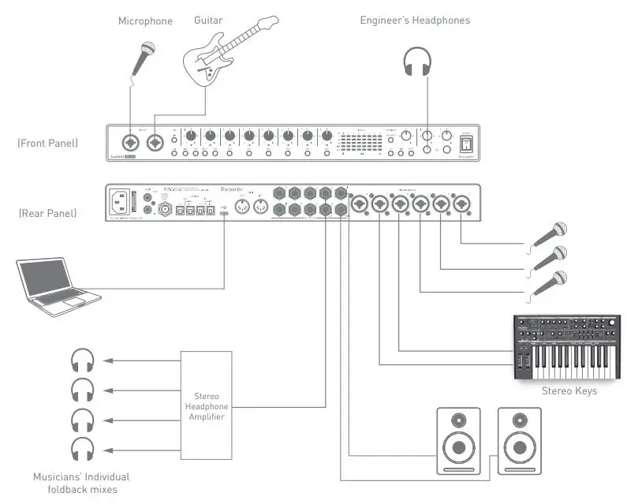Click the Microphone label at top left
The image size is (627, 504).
click(145, 21)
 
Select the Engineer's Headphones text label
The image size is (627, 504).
click(415, 20)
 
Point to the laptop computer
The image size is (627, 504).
click(59, 281)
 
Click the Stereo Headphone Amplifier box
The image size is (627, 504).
click(207, 405)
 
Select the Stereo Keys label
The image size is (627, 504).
click(569, 390)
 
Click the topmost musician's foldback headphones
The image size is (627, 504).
click(82, 361)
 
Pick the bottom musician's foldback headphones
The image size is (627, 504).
click(82, 449)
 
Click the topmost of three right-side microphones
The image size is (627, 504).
click(552, 233)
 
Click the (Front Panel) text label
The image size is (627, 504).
click(47, 143)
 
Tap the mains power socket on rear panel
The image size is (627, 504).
click(122, 202)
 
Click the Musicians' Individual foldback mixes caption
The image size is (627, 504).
click(81, 482)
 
